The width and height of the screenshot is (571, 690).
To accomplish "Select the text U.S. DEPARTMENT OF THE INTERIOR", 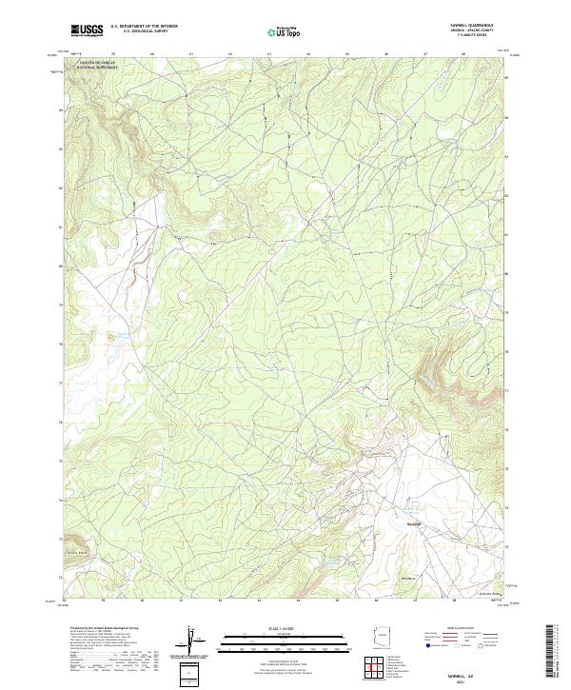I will (x=144, y=28).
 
